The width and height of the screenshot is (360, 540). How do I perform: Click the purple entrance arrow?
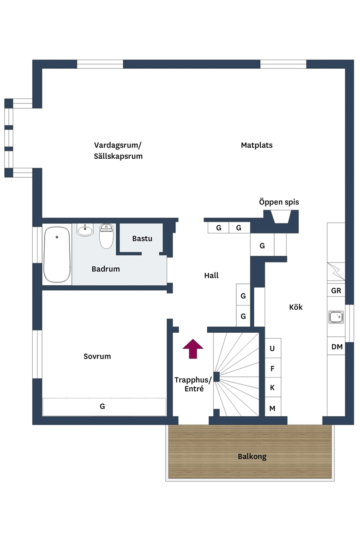tap(193, 348)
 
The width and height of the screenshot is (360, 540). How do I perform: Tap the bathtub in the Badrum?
tap(57, 254)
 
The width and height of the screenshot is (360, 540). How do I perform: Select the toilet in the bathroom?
tap(107, 236)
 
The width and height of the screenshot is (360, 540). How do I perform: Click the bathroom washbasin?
tap(85, 230)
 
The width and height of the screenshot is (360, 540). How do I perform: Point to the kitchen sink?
tap(336, 317)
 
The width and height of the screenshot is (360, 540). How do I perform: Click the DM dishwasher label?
tap(337, 347)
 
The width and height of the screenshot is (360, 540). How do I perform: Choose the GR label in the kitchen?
tap(336, 291)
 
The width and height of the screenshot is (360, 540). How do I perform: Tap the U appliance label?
tap(272, 348)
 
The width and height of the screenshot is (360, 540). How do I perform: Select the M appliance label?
tap(272, 408)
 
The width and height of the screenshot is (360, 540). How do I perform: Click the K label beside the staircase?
tap(272, 388)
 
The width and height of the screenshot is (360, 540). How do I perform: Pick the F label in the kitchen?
tap(272, 369)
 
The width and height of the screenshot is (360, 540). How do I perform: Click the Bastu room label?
tap(142, 238)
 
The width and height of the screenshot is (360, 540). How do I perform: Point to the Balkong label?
tap(252, 456)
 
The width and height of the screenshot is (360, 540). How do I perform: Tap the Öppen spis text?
tap(279, 202)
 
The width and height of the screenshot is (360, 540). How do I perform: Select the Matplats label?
tap(257, 145)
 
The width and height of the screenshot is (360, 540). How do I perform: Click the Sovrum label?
tap(97, 356)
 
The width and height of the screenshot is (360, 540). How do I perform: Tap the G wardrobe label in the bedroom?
tap(102, 406)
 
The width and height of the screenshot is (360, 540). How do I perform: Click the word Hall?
tap(211, 275)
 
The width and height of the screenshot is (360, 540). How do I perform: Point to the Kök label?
tap(295, 307)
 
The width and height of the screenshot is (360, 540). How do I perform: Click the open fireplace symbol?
tap(281, 216)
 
